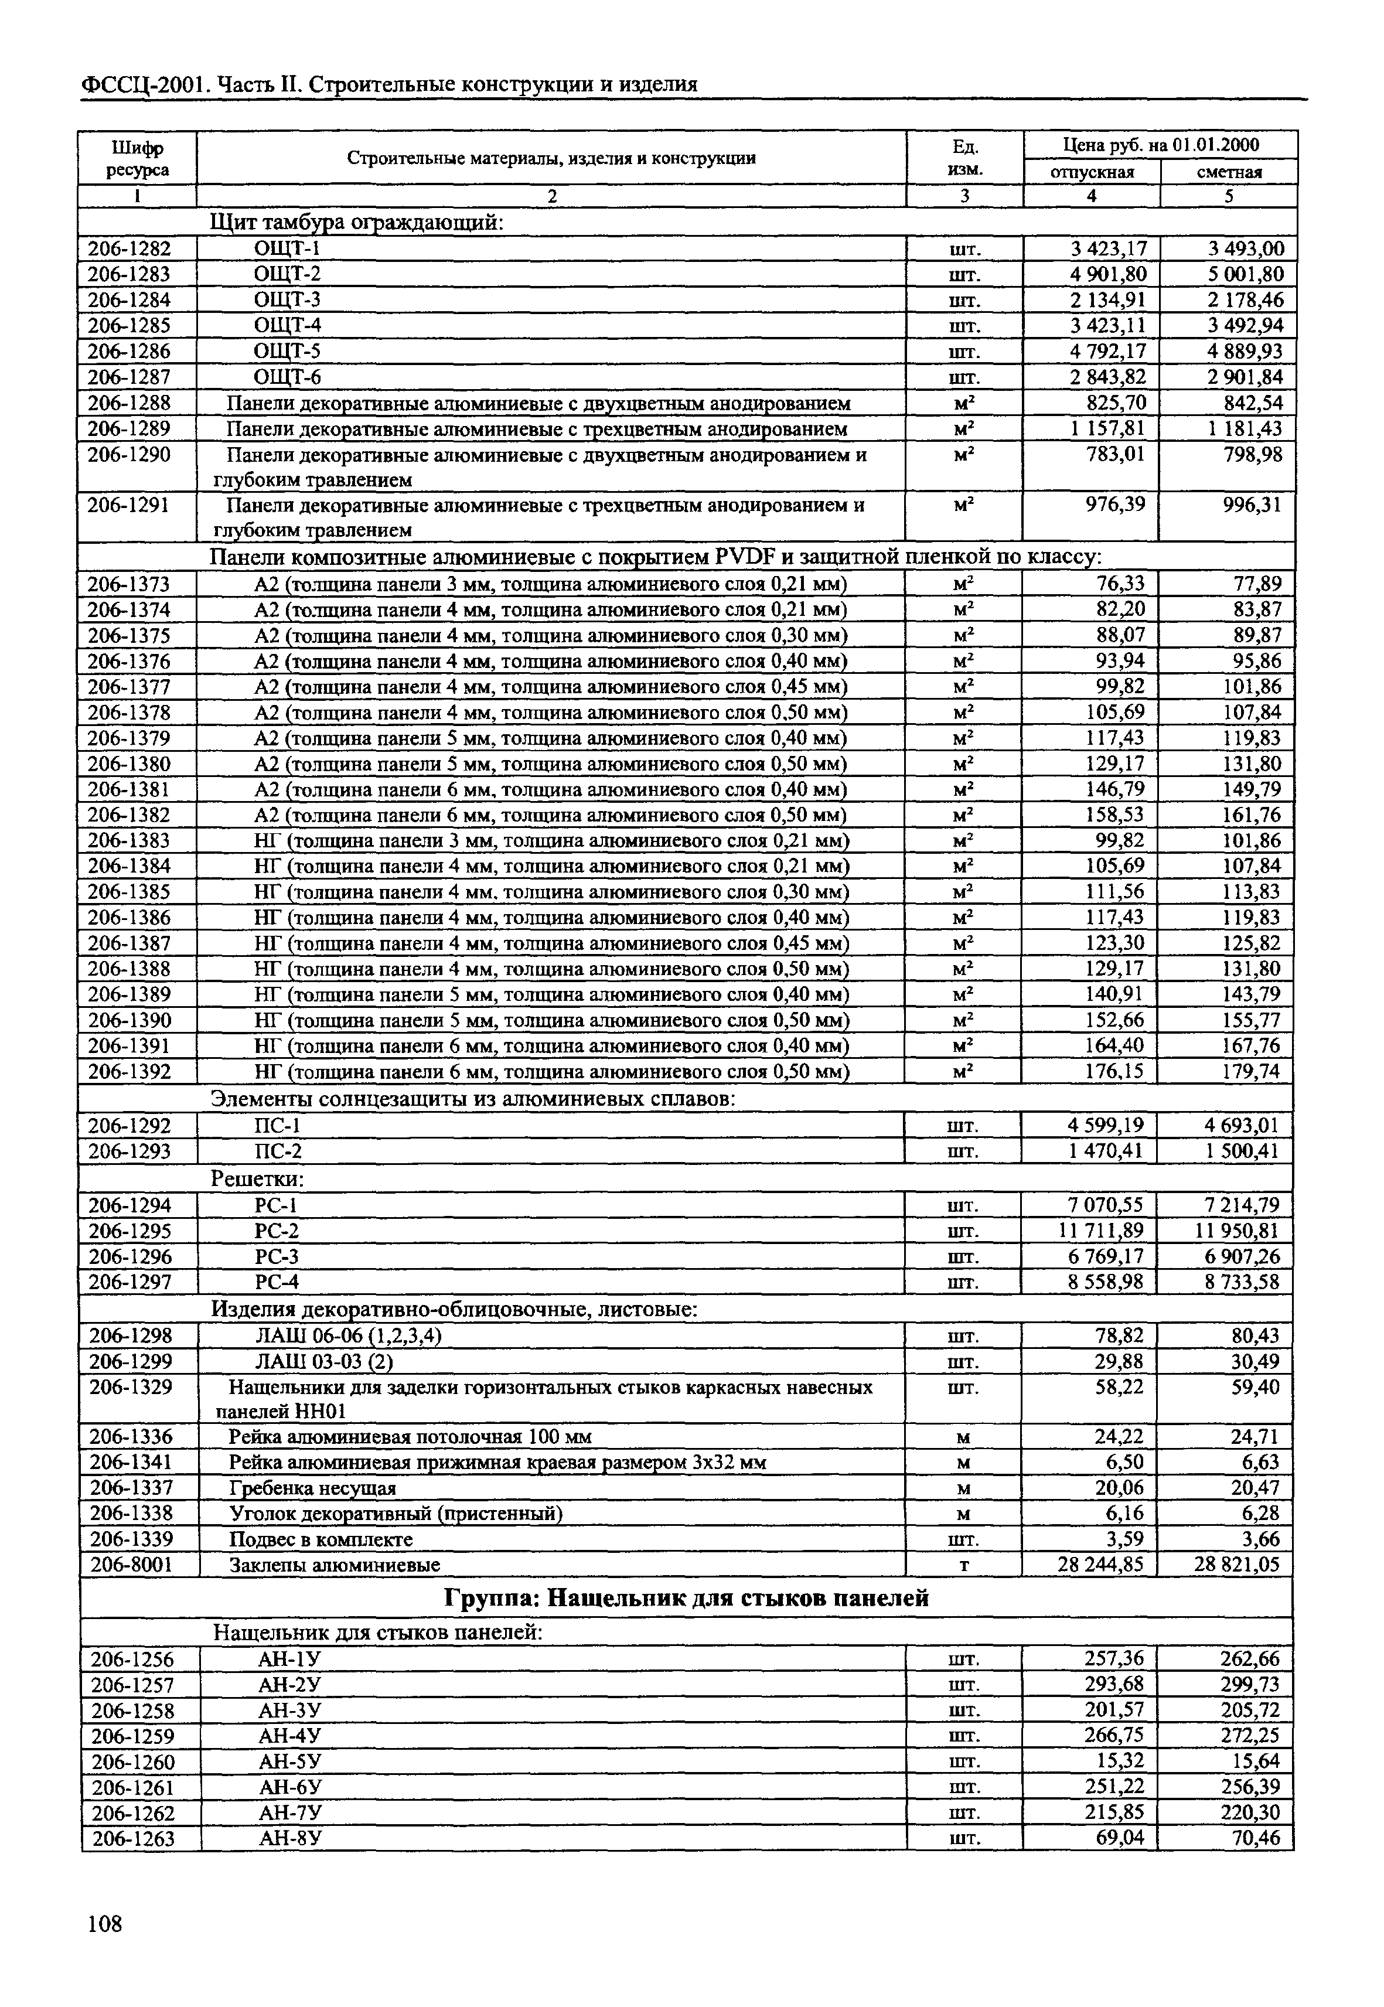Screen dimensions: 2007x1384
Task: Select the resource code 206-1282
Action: click(130, 249)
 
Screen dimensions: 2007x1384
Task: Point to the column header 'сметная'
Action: click(1229, 173)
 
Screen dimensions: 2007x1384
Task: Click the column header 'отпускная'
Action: click(1092, 173)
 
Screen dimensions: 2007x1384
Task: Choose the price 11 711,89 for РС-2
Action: click(1100, 1231)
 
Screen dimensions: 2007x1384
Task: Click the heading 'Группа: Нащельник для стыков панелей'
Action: click(686, 1597)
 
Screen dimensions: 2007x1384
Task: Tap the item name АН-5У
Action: click(291, 1761)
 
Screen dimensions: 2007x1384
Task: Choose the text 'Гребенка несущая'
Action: click(313, 1488)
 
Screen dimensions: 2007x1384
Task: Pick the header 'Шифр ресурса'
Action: click(138, 159)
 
